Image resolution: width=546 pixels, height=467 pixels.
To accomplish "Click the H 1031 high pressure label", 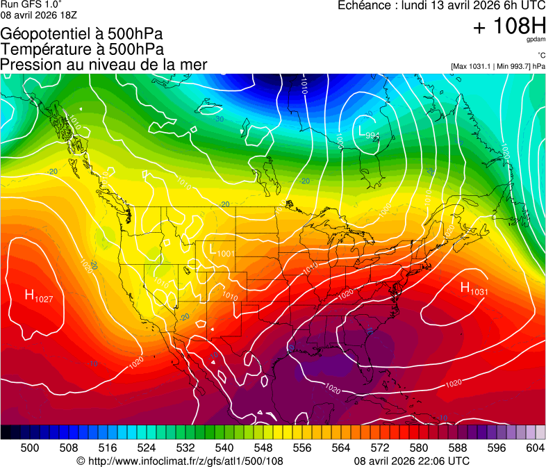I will (474, 289).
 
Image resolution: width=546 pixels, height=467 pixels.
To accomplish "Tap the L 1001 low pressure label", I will (222, 252).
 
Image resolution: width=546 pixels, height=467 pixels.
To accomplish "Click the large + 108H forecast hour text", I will (508, 27).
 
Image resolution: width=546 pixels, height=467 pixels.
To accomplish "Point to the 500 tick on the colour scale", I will (30, 448).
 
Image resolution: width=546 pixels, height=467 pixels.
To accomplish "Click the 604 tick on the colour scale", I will (535, 448).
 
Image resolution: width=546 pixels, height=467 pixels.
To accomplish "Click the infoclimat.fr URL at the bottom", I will (184, 461).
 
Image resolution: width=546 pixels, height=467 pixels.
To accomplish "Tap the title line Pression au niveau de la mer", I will (104, 65).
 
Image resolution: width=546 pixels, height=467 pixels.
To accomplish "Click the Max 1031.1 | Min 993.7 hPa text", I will (497, 67).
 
